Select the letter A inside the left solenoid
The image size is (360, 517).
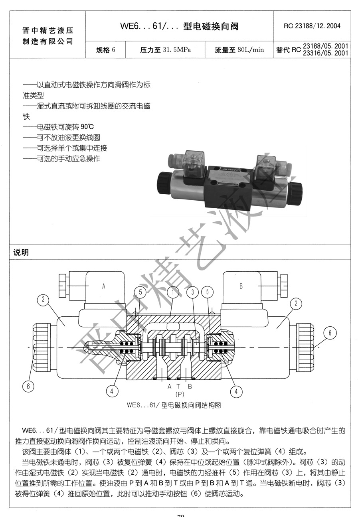(104, 286)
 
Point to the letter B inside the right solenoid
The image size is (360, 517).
(241, 286)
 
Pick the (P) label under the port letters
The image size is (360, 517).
(180, 394)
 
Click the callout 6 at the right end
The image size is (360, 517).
(330, 333)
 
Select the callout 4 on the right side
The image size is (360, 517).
(236, 391)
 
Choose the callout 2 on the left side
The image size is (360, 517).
(43, 300)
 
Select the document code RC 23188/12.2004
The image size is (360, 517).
(312, 26)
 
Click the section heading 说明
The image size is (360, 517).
(22, 253)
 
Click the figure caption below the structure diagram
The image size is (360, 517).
(174, 405)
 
